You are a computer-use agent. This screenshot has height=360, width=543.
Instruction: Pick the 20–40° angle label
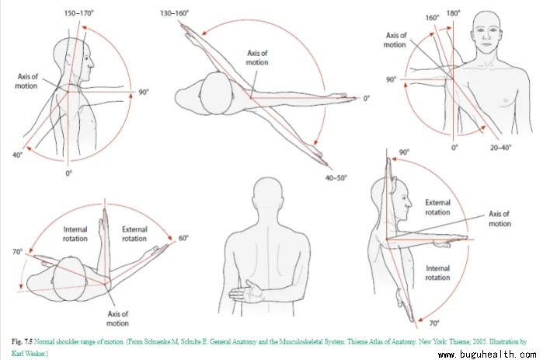point(499,147)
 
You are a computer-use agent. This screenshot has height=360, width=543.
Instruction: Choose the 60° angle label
point(183,238)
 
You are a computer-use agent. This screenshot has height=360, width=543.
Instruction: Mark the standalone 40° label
point(16,156)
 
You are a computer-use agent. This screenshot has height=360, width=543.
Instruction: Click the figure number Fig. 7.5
point(24,342)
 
